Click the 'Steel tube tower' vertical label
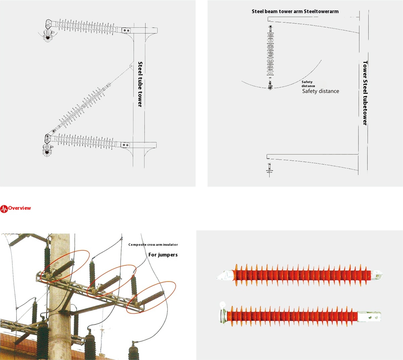point(140,84)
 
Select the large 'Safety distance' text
point(320,91)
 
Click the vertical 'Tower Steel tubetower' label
point(365,93)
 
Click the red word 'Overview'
point(19,208)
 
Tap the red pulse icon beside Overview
point(4,209)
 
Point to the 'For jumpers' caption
point(163,255)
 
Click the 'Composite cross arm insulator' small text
point(153,245)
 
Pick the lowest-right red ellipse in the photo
point(151,297)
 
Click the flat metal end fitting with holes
point(369,316)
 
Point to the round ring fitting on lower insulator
point(222,305)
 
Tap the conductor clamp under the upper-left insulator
point(48,36)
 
